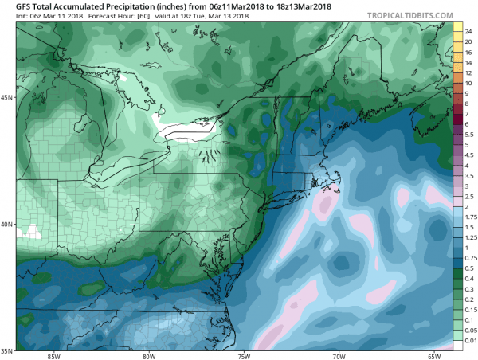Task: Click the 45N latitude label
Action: click(x=6, y=98)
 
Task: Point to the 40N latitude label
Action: click(x=6, y=225)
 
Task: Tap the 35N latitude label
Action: click(x=6, y=351)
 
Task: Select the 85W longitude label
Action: click(x=53, y=356)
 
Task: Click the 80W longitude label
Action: click(x=149, y=356)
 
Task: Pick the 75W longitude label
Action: click(x=244, y=356)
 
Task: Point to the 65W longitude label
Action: click(x=434, y=356)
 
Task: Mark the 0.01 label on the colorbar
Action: click(x=470, y=341)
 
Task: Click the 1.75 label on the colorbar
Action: click(x=470, y=215)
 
